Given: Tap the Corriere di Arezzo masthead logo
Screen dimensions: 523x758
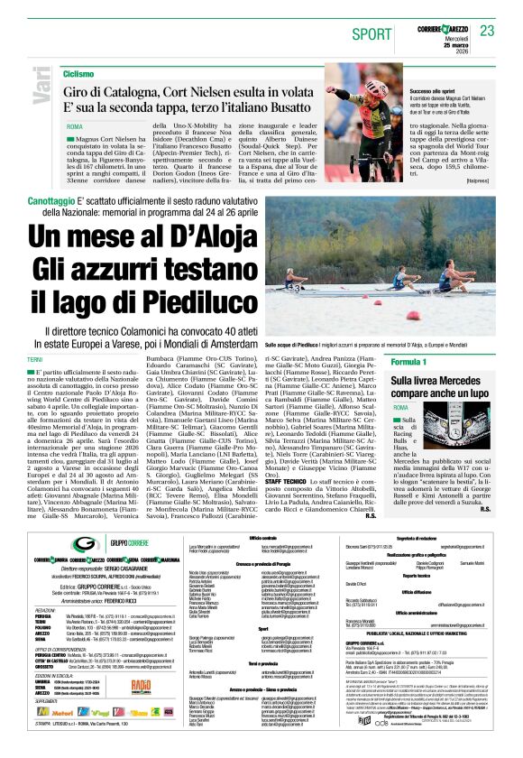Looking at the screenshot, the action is (444, 31).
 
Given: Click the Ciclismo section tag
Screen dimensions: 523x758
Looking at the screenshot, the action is (78, 73).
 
